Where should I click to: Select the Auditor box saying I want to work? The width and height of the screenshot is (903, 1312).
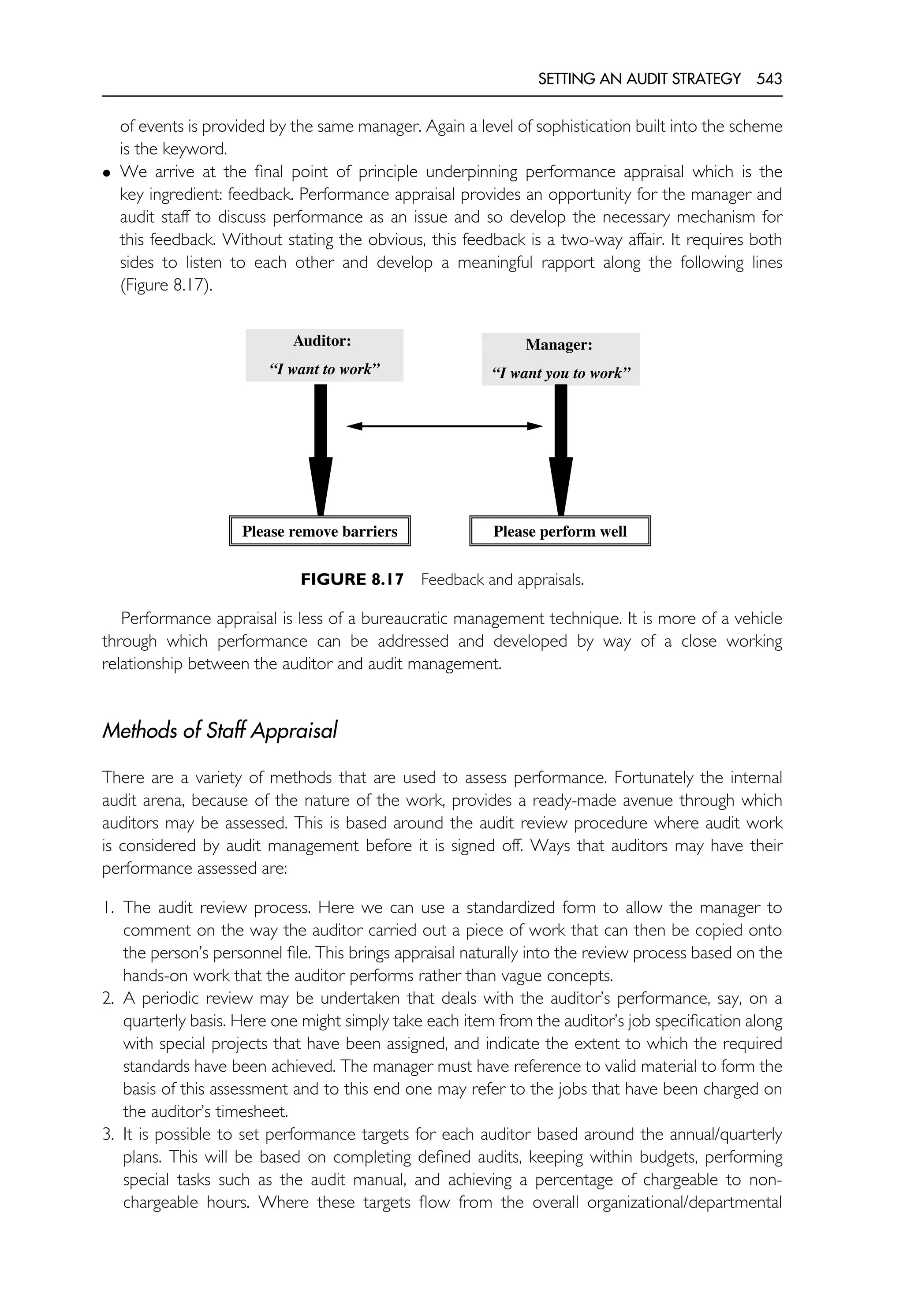pyautogui.click(x=324, y=355)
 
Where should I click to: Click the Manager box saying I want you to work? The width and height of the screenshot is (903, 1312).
pyautogui.click(x=560, y=359)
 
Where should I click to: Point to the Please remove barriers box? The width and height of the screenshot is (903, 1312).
pyautogui.click(x=320, y=531)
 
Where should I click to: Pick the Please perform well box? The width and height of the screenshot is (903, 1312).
pyautogui.click(x=560, y=531)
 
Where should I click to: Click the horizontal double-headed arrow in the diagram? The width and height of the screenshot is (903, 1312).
pyautogui.click(x=444, y=426)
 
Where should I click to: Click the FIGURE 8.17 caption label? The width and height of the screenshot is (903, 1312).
pyautogui.click(x=352, y=580)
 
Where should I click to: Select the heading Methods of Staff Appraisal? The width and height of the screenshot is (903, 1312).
pyautogui.click(x=220, y=731)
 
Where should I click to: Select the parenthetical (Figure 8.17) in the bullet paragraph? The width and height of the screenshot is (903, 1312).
pyautogui.click(x=166, y=285)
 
